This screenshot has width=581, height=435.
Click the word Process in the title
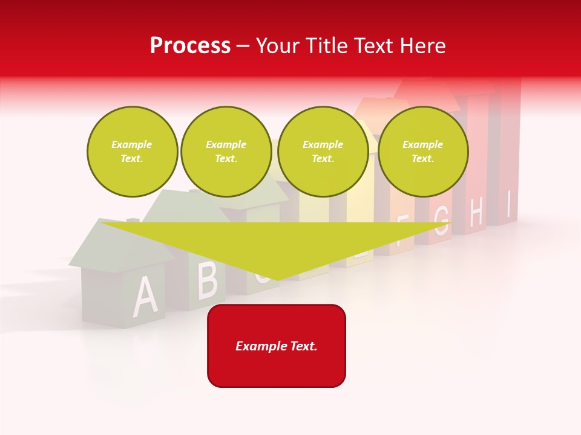point(190,46)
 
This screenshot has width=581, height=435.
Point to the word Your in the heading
point(278,46)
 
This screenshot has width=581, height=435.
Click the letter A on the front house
point(145,297)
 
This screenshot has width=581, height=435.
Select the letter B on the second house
point(208,280)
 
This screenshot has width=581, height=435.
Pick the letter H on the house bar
point(476,213)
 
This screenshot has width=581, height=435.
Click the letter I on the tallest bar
point(509,204)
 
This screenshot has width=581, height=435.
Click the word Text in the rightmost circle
point(422,158)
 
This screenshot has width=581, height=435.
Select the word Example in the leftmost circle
point(132,144)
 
